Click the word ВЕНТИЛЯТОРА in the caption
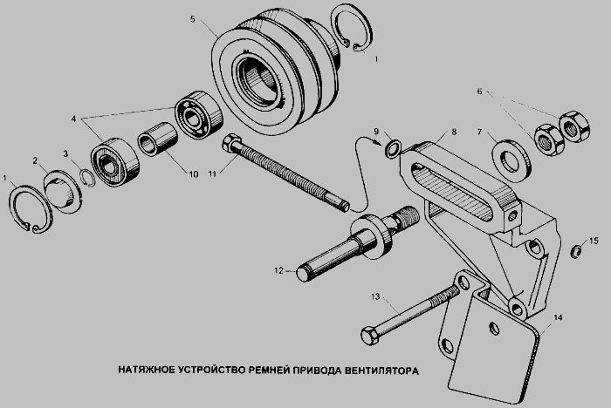(382, 371)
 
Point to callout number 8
(454, 132)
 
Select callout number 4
(73, 119)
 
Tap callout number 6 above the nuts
(480, 92)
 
